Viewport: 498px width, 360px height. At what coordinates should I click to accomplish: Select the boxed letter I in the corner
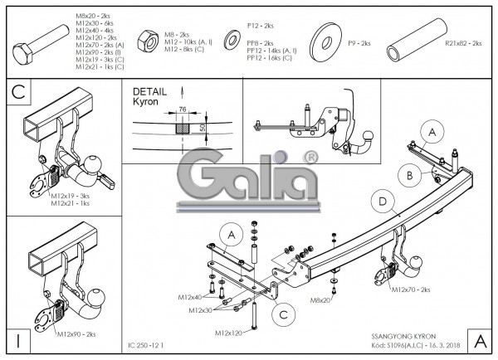click(17, 339)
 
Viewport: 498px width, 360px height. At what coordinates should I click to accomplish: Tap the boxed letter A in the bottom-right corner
click(480, 339)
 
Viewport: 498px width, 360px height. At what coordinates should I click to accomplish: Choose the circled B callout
click(407, 174)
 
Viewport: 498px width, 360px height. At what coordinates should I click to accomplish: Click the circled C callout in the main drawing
click(284, 314)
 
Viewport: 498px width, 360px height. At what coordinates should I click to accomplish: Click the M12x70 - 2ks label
click(411, 289)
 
